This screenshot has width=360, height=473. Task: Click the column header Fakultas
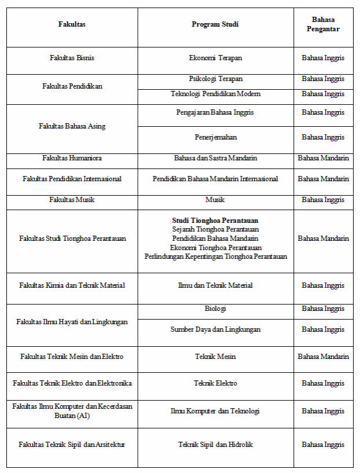[x=72, y=24]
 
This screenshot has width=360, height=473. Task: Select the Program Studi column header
[x=215, y=24]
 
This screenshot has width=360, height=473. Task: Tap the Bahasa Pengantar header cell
[x=323, y=24]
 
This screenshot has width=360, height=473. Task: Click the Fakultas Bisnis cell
[x=72, y=58]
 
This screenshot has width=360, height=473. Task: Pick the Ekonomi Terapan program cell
[x=215, y=58]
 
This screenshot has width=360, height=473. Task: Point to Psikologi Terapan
[x=215, y=79]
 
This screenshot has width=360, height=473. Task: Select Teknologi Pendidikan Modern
[x=215, y=94]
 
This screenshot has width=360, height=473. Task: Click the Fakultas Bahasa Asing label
[x=72, y=126]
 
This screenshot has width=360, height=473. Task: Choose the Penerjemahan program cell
[x=215, y=137]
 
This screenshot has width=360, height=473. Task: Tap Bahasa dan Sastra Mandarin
[x=215, y=158]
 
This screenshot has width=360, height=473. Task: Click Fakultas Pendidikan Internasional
[x=72, y=179]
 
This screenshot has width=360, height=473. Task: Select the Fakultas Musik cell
[x=72, y=200]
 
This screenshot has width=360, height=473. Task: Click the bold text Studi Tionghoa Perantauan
[x=215, y=221]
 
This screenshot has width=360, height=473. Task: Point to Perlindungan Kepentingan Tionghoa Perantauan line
[x=215, y=256]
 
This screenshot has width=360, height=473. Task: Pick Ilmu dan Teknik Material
[x=215, y=285]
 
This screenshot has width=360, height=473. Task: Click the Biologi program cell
[x=215, y=309]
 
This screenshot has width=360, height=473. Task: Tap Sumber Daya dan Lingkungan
[x=215, y=329]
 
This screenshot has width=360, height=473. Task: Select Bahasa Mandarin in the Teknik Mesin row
[x=323, y=357]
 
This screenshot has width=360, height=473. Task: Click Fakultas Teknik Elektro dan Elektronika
[x=72, y=383]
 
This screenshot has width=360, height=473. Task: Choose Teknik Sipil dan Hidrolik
[x=215, y=445]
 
